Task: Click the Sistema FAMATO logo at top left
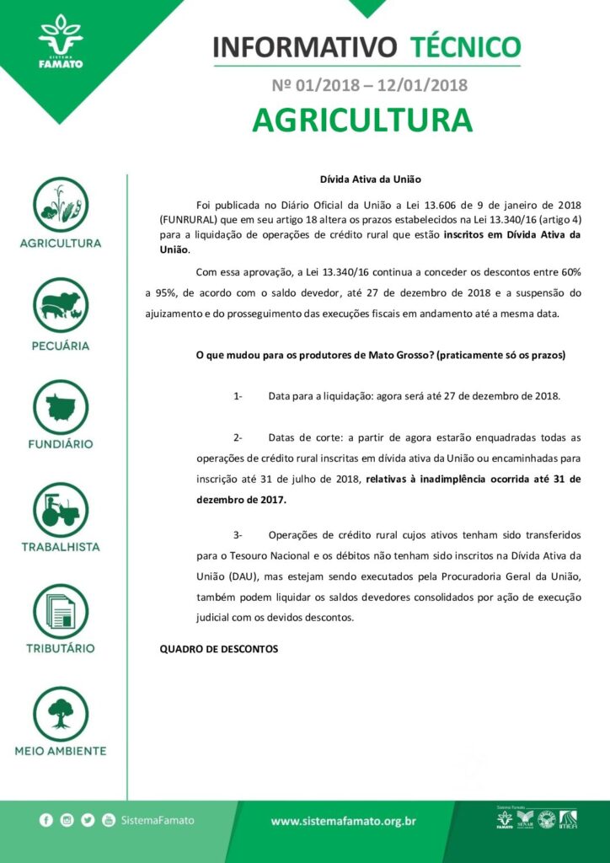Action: [61, 41]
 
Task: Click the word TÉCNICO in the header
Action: [465, 46]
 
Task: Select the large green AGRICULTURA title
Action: [362, 119]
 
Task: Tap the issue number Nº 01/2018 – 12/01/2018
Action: [370, 84]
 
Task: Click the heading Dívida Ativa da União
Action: [370, 180]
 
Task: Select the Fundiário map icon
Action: [61, 406]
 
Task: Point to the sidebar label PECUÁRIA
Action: [61, 346]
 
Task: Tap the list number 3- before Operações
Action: [238, 535]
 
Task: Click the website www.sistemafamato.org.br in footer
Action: [343, 820]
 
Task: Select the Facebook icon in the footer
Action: [46, 820]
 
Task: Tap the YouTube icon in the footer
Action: [109, 820]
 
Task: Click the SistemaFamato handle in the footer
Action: [158, 820]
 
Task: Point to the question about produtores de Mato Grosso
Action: [380, 355]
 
